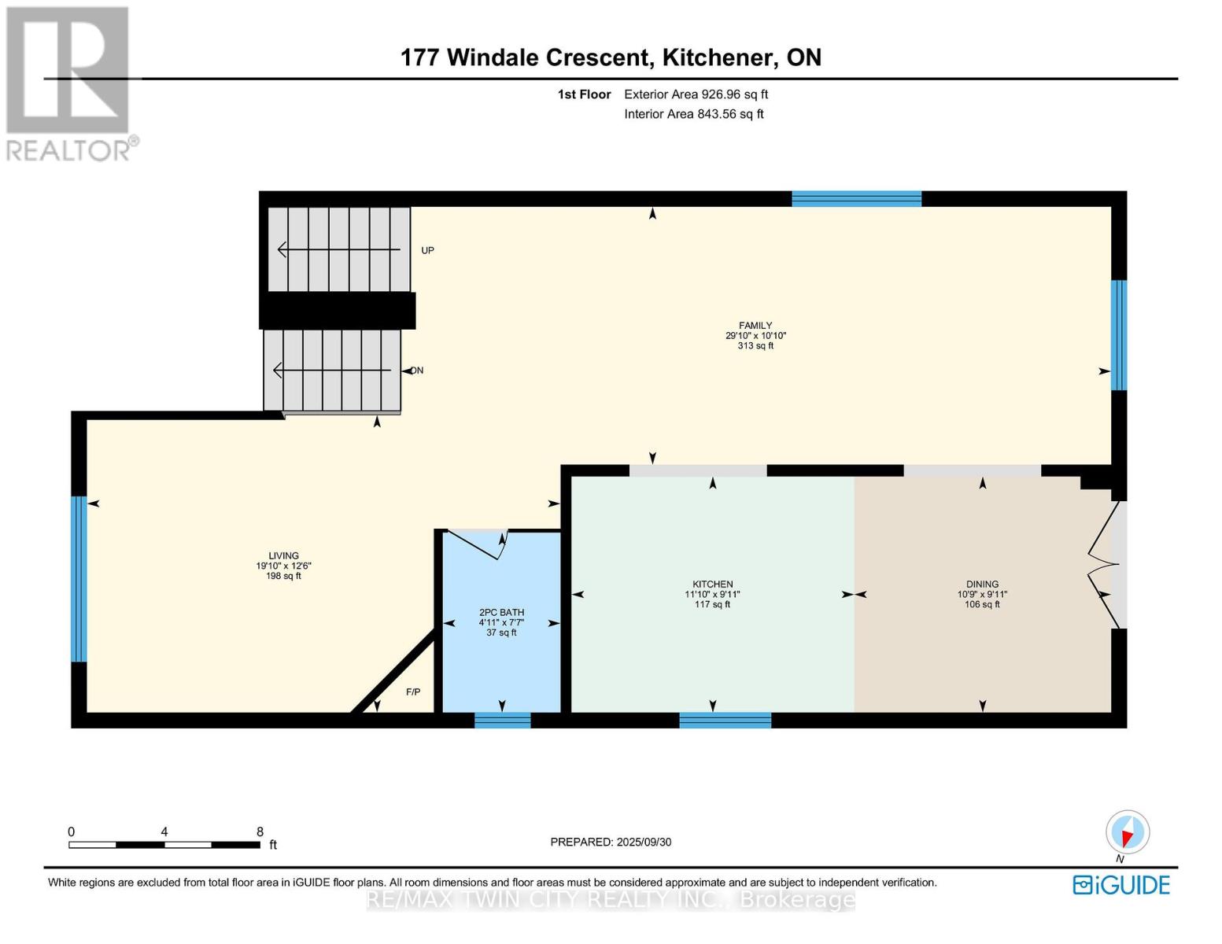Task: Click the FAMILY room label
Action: [755, 326]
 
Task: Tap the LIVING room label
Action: [283, 555]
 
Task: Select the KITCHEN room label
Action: [712, 584]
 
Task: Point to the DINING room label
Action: [983, 584]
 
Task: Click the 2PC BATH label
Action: [501, 612]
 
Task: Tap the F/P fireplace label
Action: [413, 691]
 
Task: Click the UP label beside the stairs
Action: [427, 250]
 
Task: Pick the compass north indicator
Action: [1128, 832]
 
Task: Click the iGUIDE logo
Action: [1121, 885]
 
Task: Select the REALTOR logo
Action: [70, 84]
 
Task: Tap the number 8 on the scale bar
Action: [260, 832]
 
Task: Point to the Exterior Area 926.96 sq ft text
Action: [696, 94]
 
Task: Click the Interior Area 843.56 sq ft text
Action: [694, 114]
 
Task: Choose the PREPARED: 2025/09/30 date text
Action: [611, 842]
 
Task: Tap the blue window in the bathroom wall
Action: [502, 721]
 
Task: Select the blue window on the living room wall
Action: [79, 578]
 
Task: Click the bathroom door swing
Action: [478, 544]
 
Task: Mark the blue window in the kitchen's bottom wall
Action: [725, 721]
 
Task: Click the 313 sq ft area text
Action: [755, 346]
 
